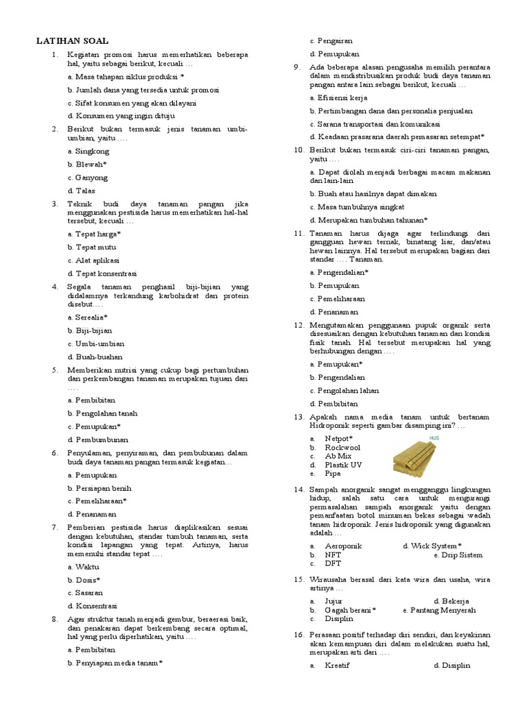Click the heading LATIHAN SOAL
72,41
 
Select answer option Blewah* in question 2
91,165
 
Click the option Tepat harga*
97,234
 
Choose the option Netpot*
339,438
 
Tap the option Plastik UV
343,465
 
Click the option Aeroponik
343,546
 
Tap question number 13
298,416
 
